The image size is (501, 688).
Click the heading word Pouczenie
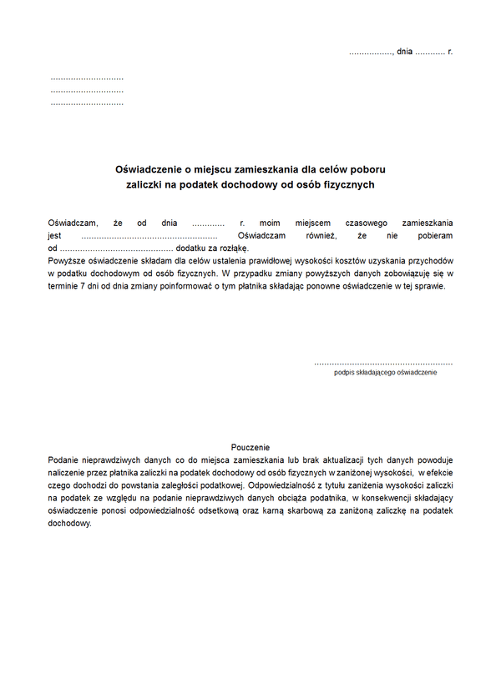[x=250, y=448]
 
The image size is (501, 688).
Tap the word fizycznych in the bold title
[x=348, y=184]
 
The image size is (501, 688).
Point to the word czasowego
[x=364, y=223]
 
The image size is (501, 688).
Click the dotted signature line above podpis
[x=383, y=364]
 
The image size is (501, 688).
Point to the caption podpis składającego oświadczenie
[x=385, y=373]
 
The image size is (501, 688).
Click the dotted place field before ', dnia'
[x=370, y=52]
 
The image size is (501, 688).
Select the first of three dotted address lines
[x=87, y=77]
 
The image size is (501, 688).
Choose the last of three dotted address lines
[x=87, y=103]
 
